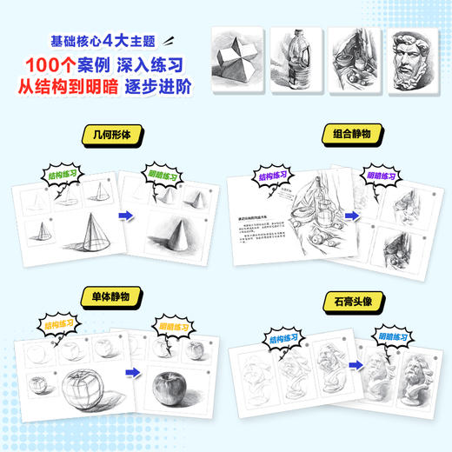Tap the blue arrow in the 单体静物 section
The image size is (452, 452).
coord(130,374)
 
